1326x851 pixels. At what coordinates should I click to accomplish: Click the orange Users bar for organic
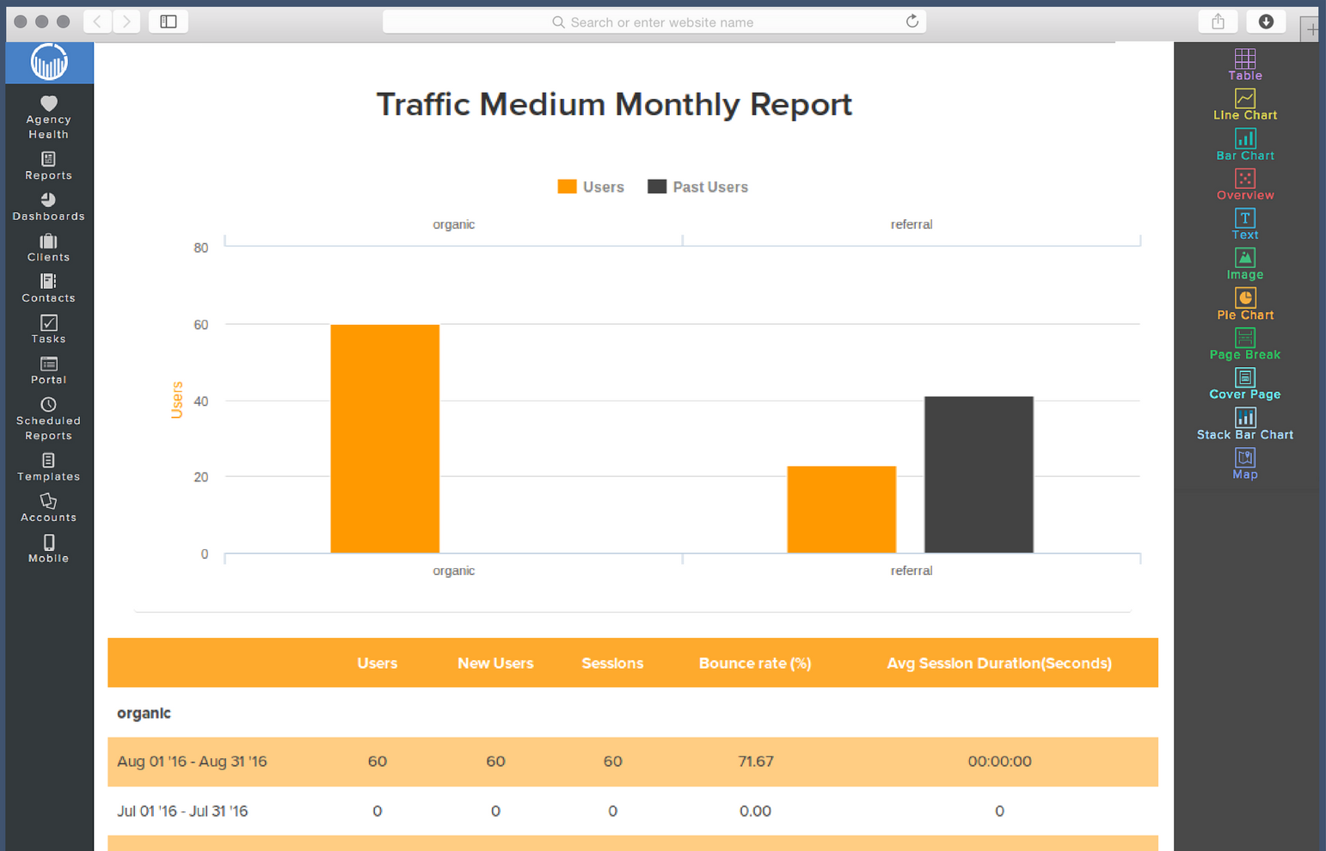click(x=384, y=438)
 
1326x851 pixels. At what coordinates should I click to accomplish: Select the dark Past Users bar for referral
click(x=979, y=474)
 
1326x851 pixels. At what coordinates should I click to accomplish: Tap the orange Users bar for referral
click(x=841, y=510)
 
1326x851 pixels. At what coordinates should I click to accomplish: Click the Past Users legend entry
click(x=698, y=187)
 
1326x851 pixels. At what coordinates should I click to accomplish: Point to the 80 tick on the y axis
click(x=201, y=248)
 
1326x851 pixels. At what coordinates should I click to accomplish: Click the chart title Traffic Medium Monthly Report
click(x=614, y=105)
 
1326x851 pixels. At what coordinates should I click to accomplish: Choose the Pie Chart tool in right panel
click(x=1244, y=304)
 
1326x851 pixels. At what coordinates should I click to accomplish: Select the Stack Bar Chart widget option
click(x=1244, y=425)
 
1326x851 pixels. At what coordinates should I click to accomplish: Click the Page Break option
click(x=1244, y=345)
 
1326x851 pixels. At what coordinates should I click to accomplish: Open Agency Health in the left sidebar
click(x=48, y=117)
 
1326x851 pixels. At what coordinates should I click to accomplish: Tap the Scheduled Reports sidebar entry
click(x=48, y=419)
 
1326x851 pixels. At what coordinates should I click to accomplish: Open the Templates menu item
click(x=48, y=467)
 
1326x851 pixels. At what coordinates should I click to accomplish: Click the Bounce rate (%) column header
click(x=754, y=663)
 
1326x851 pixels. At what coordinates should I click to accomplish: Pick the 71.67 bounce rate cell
click(x=755, y=762)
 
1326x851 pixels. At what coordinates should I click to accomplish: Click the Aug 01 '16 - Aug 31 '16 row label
click(x=192, y=762)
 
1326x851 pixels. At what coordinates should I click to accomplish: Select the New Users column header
click(x=495, y=663)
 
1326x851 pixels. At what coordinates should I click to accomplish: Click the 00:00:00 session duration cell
click(x=999, y=762)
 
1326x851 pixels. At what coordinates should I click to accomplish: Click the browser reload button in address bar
click(x=912, y=21)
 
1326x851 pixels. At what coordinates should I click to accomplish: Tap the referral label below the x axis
click(x=911, y=571)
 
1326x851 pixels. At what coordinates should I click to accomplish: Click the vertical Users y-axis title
click(x=177, y=400)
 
